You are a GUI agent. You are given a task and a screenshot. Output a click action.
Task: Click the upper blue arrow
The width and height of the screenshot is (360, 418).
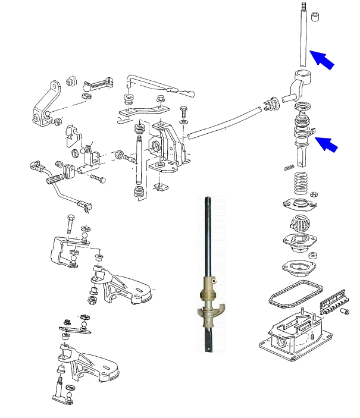(322, 59)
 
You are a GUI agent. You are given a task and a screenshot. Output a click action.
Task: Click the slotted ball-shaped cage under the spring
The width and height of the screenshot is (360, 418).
(300, 226)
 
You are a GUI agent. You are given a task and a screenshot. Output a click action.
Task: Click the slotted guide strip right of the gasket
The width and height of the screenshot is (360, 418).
(334, 300)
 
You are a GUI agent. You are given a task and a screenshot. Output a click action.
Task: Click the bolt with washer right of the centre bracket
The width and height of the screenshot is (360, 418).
(184, 113)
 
